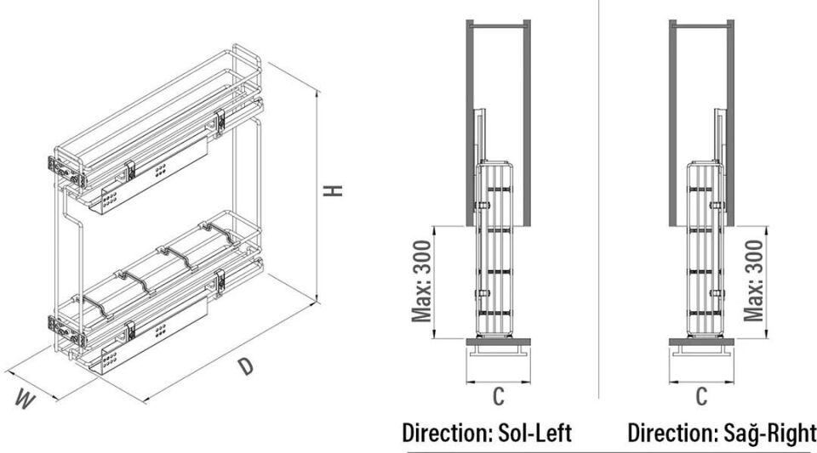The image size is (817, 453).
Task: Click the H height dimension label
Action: click(337, 190)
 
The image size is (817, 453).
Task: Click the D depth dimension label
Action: click(245, 367)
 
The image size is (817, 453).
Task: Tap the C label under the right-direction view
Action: click(702, 395)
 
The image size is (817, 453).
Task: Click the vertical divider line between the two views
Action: click(599, 212)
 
